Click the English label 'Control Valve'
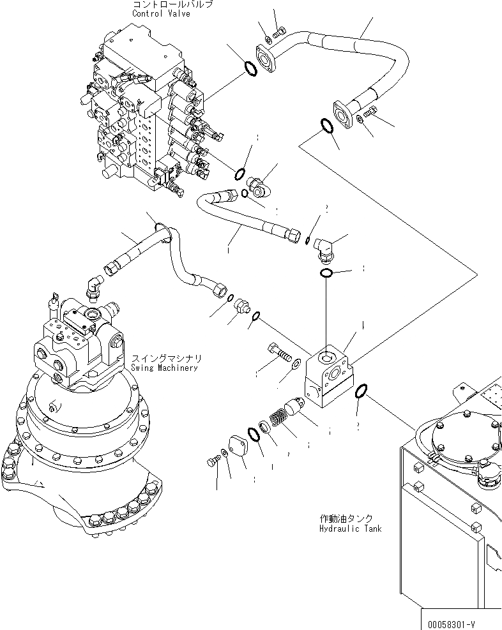(161, 13)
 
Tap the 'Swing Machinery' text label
(164, 368)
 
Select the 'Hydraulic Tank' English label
(350, 529)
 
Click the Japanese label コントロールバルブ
(172, 4)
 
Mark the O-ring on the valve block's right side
(361, 390)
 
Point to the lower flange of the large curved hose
(346, 114)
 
